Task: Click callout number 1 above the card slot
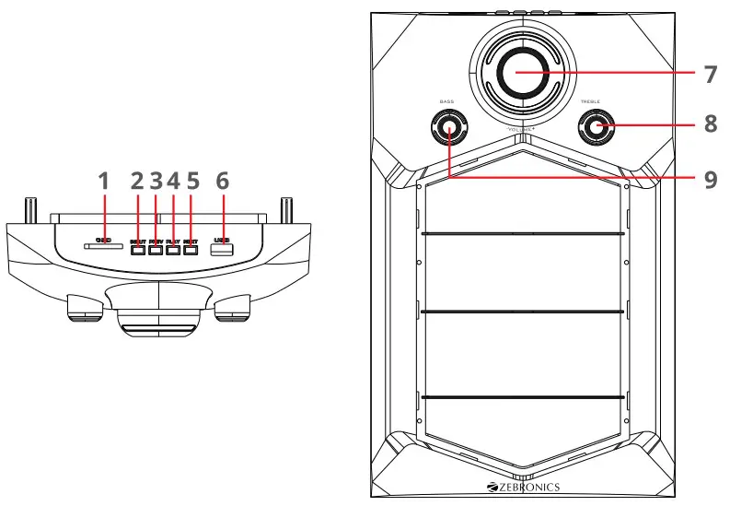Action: pyautogui.click(x=104, y=181)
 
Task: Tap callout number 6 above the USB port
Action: pyautogui.click(x=222, y=181)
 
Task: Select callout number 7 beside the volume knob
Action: pyautogui.click(x=710, y=75)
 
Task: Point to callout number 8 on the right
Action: pyautogui.click(x=710, y=123)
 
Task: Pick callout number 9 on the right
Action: pyautogui.click(x=710, y=178)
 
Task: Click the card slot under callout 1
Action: pyautogui.click(x=104, y=246)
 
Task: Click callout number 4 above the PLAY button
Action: pyautogui.click(x=173, y=181)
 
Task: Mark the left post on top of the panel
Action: pyautogui.click(x=29, y=209)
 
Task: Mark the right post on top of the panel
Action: pyautogui.click(x=286, y=209)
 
